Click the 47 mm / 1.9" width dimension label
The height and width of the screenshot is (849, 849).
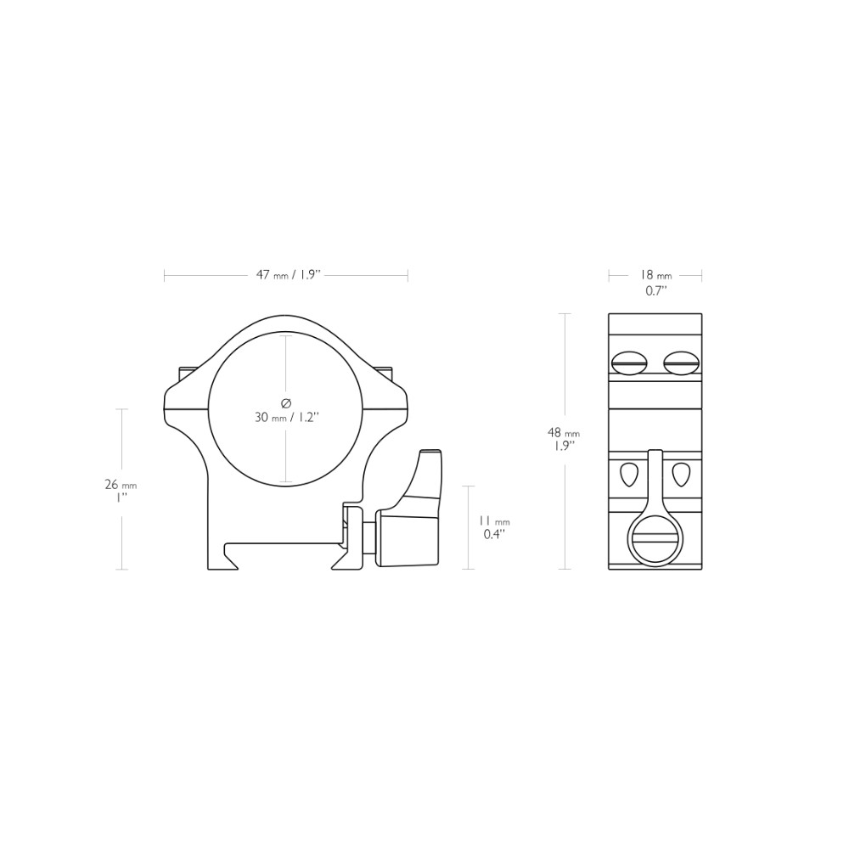290,275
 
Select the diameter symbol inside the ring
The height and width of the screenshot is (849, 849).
286,402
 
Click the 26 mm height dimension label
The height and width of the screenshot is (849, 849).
121,490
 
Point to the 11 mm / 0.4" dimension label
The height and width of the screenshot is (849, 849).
494,527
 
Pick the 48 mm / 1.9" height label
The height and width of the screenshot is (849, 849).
564,439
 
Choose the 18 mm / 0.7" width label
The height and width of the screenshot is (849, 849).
655,283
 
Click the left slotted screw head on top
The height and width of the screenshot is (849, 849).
629,363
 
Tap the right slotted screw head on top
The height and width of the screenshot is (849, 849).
681,363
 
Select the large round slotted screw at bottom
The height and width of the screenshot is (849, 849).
655,542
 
